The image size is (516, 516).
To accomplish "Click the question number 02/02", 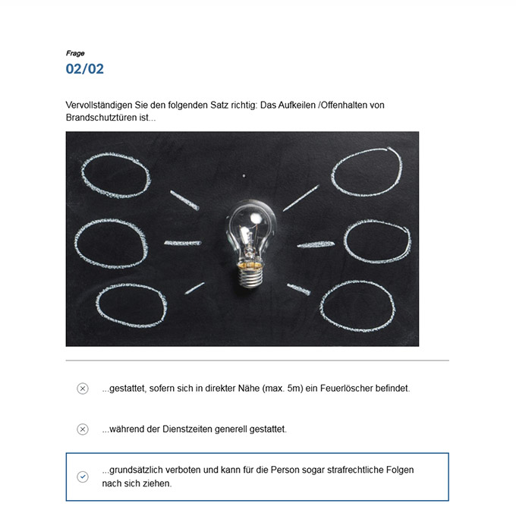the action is (84, 69).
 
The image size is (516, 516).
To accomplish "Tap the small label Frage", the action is (75, 53).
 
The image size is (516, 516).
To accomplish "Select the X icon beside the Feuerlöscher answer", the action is (83, 389).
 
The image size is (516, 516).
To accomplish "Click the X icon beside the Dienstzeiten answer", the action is (83, 429).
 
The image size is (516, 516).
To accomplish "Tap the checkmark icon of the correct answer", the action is (83, 477).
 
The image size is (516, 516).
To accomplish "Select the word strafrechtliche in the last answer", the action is (355, 470).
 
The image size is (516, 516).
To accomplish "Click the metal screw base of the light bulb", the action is (250, 274).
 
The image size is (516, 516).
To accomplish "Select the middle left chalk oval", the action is (75, 244).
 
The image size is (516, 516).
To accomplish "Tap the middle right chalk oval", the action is (345, 242).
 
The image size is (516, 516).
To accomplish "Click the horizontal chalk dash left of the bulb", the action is (183, 243).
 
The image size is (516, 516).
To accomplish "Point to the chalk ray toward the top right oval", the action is (301, 198).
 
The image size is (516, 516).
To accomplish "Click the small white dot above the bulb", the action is (244, 176).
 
